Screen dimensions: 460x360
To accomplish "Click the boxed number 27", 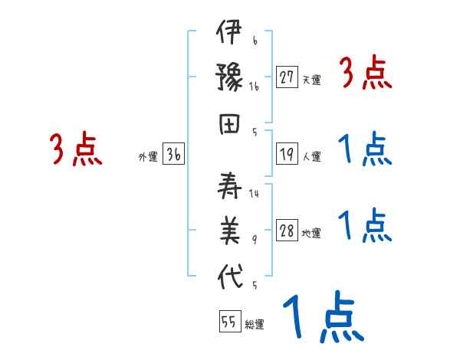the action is [x=287, y=78].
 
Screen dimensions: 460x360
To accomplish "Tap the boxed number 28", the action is [x=287, y=232].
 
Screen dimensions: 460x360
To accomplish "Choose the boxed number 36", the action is [x=173, y=155].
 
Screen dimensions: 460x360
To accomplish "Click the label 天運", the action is [x=311, y=80].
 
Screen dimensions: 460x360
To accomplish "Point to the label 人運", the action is [x=311, y=157].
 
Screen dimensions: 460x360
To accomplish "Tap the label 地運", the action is [x=311, y=234].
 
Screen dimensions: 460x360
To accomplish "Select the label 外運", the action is [x=148, y=157].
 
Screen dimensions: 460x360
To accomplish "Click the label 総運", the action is [x=255, y=324].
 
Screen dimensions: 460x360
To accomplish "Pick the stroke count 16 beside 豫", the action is [x=254, y=87].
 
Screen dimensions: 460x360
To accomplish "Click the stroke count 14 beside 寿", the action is [x=254, y=194].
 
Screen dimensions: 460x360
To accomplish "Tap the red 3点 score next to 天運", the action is [x=366, y=74].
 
